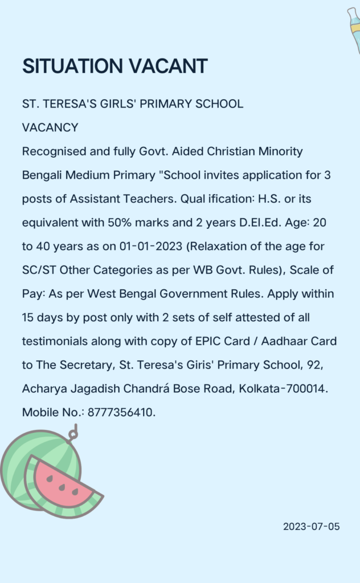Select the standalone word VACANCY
click(50, 128)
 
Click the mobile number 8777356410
click(121, 412)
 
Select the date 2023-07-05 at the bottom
click(311, 527)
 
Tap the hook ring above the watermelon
click(72, 434)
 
